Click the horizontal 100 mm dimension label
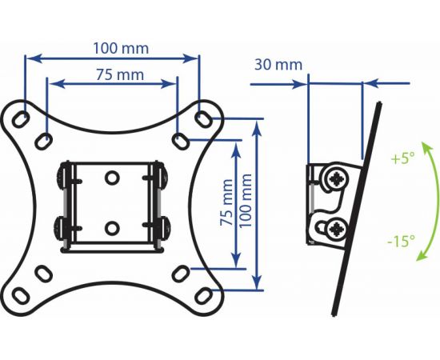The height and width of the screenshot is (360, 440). tap(121, 48)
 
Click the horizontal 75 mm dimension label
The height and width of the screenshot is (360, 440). tap(120, 74)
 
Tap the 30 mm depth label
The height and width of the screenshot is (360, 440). tap(278, 65)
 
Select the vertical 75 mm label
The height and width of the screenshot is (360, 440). tap(226, 202)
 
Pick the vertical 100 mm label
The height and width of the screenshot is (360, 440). tap(246, 200)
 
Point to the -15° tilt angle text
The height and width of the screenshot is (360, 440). tap(402, 241)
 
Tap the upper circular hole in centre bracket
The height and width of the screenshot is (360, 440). tap(112, 178)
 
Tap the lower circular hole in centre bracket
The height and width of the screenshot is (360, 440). tap(112, 228)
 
